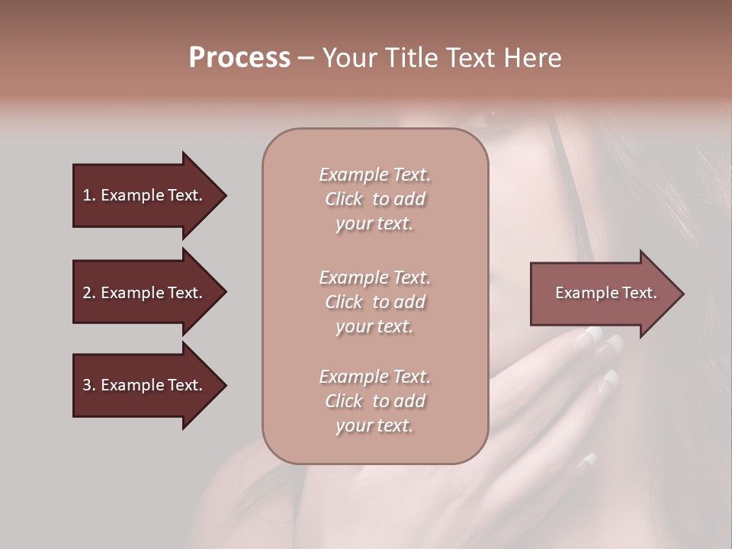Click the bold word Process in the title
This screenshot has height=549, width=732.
pos(239,58)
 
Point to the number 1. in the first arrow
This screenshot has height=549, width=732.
pos(89,195)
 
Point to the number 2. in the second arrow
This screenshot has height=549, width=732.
pos(89,293)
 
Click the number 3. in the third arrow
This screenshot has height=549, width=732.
pos(89,385)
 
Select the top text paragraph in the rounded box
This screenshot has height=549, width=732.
pos(374,199)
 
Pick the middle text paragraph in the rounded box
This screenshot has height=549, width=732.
pos(374,302)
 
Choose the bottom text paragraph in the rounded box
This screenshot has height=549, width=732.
pos(374,401)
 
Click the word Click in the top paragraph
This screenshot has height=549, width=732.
pos(344,199)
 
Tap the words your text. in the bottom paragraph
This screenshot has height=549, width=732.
pos(374,425)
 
